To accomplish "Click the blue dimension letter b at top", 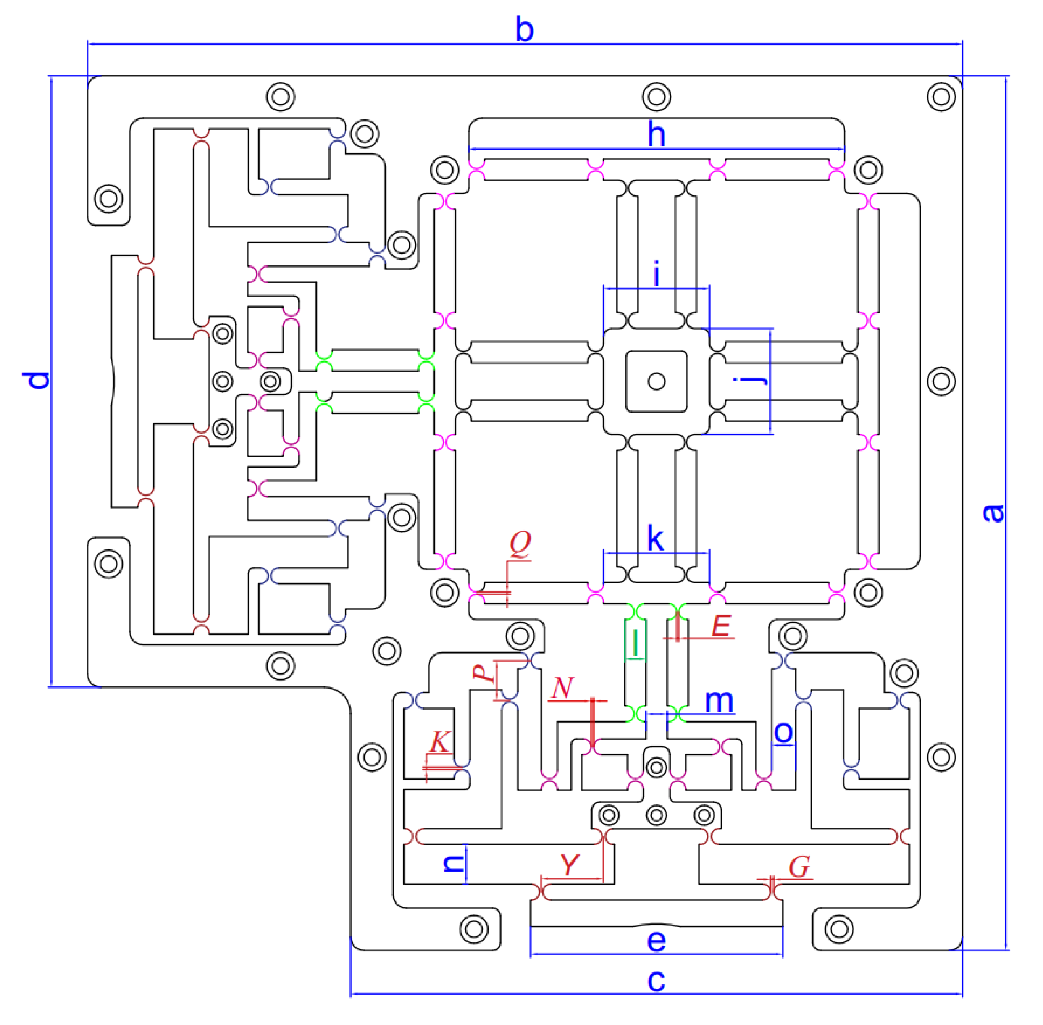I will (524, 29).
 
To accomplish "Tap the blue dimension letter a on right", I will (993, 512).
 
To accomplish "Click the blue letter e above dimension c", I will (656, 941).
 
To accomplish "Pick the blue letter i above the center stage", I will (656, 275).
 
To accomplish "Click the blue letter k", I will (655, 539).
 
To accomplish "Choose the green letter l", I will (636, 642).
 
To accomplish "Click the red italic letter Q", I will (520, 542).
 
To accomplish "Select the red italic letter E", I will (721, 626).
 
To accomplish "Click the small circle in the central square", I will (656, 381).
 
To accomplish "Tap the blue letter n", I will (453, 864).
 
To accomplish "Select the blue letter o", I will (783, 732).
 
